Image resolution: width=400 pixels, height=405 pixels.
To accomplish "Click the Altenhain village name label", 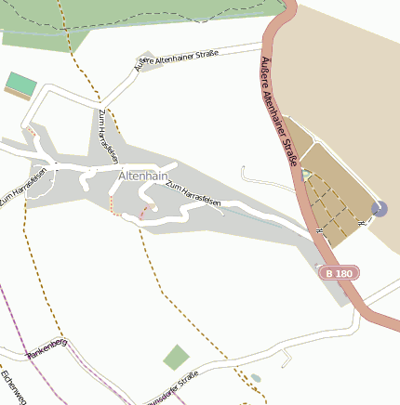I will [142, 176].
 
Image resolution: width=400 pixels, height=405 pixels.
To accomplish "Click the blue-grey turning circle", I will [379, 209].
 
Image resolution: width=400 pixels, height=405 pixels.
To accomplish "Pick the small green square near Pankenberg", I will [175, 357].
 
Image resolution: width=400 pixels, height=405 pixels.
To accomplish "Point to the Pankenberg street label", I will [47, 349].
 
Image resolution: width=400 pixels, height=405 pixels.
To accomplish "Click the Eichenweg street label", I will [10, 385].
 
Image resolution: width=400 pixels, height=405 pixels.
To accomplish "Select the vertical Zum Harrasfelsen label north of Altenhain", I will [107, 134].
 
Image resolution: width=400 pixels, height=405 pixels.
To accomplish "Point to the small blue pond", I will [256, 378].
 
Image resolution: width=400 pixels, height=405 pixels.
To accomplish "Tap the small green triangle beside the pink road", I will [306, 175].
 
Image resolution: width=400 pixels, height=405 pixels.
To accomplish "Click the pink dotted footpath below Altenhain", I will [144, 213].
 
